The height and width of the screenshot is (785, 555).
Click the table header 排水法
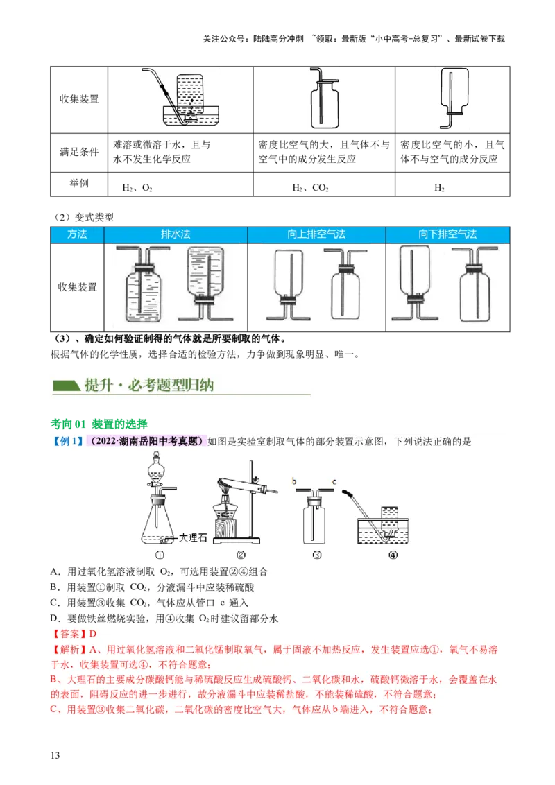click(x=176, y=234)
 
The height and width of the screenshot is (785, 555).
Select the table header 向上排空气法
click(x=316, y=234)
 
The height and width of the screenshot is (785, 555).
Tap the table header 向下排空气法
click(x=447, y=234)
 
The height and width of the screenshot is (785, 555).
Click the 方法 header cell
click(x=77, y=234)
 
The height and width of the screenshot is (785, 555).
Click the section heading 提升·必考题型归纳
click(x=148, y=386)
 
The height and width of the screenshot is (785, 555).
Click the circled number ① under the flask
click(x=161, y=555)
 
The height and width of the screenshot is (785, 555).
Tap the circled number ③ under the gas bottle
click(x=316, y=555)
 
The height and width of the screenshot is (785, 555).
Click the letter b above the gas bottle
click(x=294, y=481)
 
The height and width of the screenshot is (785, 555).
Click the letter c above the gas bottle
click(x=334, y=481)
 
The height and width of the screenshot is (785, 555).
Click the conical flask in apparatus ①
click(x=160, y=524)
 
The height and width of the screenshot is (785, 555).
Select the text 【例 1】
click(x=68, y=441)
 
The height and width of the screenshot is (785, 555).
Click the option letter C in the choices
click(x=54, y=603)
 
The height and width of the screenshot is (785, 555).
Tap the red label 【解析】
click(x=69, y=650)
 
